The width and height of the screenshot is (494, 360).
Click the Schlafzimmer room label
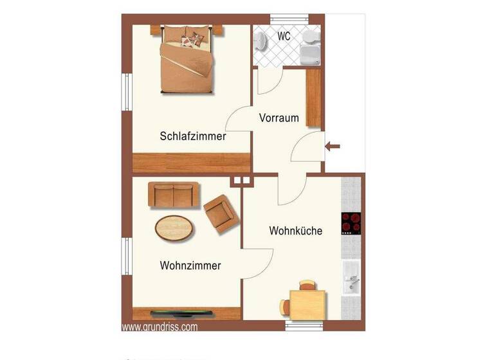(x=192, y=136)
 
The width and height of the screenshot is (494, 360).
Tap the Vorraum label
(x=279, y=118)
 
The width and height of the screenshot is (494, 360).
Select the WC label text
(x=284, y=37)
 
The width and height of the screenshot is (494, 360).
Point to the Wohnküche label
(x=295, y=230)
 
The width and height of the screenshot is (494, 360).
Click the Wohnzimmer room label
(x=191, y=265)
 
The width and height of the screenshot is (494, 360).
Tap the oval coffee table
(x=174, y=226)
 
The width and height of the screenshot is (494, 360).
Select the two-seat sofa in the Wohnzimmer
(x=174, y=195)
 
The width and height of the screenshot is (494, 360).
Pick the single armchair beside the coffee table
(x=220, y=213)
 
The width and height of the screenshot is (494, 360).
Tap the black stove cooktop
(x=351, y=224)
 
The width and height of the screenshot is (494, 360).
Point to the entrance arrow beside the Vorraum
(x=333, y=147)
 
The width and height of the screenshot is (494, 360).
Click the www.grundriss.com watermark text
(x=160, y=327)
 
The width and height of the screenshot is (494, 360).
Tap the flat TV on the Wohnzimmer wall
(x=182, y=314)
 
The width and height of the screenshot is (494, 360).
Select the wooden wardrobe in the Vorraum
(x=314, y=97)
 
